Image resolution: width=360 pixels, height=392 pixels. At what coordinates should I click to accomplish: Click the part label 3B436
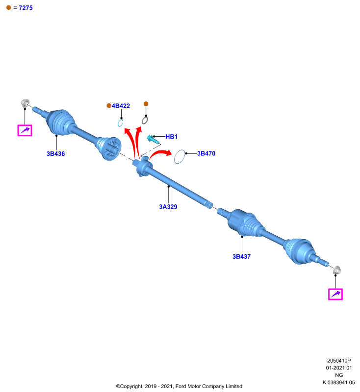click(55, 153)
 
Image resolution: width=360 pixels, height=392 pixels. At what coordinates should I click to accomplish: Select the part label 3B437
click(241, 256)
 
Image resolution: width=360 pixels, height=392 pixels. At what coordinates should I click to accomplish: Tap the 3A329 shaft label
click(168, 207)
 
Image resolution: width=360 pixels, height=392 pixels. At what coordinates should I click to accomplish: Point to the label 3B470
click(206, 153)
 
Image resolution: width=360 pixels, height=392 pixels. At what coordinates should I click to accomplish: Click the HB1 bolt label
click(171, 137)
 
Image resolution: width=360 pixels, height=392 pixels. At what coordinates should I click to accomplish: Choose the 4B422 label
click(121, 106)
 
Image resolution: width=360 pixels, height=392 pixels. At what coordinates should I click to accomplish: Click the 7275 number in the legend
click(26, 8)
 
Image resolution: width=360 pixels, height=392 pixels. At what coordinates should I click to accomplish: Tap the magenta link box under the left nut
click(25, 130)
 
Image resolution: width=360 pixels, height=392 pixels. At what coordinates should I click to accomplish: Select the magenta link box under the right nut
click(335, 294)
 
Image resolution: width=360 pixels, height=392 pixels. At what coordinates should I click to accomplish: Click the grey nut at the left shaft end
click(25, 103)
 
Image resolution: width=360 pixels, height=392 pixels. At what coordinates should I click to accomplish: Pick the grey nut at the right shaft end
click(337, 270)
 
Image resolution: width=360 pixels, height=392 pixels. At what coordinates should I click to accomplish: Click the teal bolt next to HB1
click(153, 139)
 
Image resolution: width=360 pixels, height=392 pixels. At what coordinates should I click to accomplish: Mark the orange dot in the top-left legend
click(8, 7)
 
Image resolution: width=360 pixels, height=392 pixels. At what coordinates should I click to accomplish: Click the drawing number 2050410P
click(339, 361)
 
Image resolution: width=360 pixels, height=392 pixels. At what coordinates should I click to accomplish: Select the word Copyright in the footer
click(131, 386)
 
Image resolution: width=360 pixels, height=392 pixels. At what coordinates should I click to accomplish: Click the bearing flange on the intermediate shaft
click(144, 166)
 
